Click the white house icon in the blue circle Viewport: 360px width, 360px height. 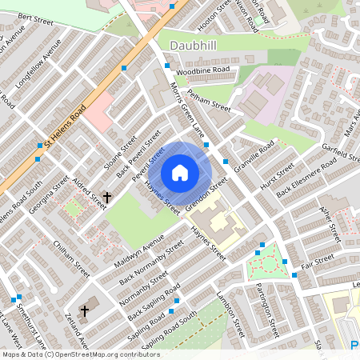pyautogui.click(x=180, y=172)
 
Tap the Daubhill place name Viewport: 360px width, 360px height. pyautogui.click(x=194, y=46)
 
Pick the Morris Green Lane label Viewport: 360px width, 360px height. pyautogui.click(x=187, y=110)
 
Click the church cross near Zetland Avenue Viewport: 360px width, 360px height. pyautogui.click(x=85, y=310)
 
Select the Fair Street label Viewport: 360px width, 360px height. pyautogui.click(x=318, y=260)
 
